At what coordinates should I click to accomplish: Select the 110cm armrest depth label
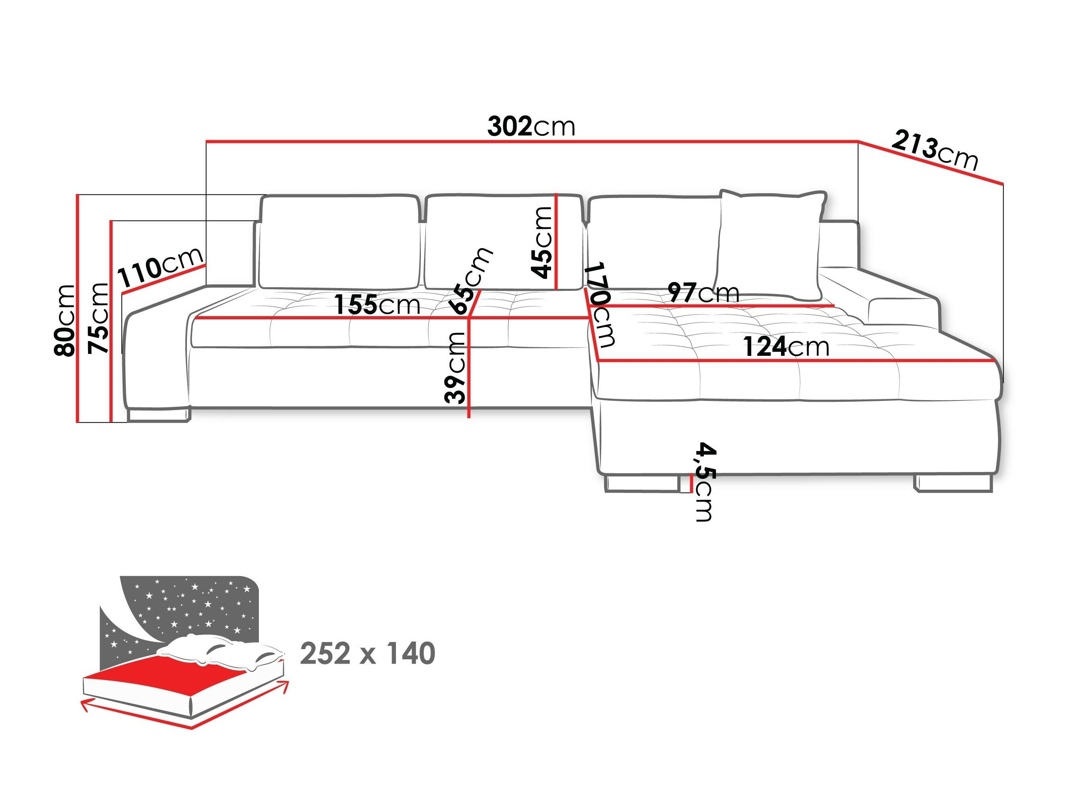coord(160,268)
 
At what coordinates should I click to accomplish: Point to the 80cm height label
coord(65,321)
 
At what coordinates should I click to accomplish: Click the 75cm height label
coord(98,318)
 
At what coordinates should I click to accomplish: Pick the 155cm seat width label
coord(377,304)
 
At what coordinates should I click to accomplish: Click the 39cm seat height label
coord(455,368)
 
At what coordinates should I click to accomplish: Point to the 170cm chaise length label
coord(601,304)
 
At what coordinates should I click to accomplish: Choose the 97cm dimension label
coord(703,292)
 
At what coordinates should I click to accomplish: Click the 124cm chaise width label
coord(785,347)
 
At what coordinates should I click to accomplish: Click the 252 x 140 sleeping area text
coord(367,654)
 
